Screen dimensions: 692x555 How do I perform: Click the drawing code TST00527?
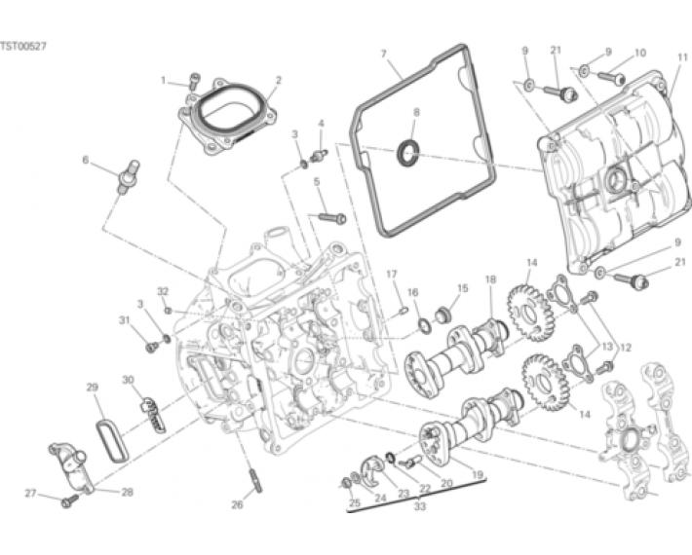coord(23,47)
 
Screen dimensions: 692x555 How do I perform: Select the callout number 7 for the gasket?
coord(383,54)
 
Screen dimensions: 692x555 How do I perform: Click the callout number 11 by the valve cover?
coord(682,57)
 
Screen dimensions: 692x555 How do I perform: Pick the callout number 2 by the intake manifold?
coord(279,80)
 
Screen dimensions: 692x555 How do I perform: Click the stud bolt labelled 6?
coord(127,177)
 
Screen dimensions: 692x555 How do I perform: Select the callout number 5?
coord(317,182)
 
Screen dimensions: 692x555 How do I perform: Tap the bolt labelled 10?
coord(612,78)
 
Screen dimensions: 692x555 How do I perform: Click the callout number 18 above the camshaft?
coord(490,279)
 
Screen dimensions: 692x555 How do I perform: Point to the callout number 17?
coord(392,275)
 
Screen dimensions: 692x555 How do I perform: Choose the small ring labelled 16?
coord(425,326)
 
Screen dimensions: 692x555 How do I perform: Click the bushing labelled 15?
coord(442,315)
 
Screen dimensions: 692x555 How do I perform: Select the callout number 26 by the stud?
coord(237,504)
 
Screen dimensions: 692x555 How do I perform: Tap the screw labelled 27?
coord(70,500)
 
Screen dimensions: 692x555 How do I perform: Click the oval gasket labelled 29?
coord(112,442)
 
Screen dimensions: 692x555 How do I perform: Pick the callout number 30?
coord(128,380)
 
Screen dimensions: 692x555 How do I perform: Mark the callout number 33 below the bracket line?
coord(420,506)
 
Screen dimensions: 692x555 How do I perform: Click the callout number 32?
coord(163,291)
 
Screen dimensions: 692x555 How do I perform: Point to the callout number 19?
coord(478,475)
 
